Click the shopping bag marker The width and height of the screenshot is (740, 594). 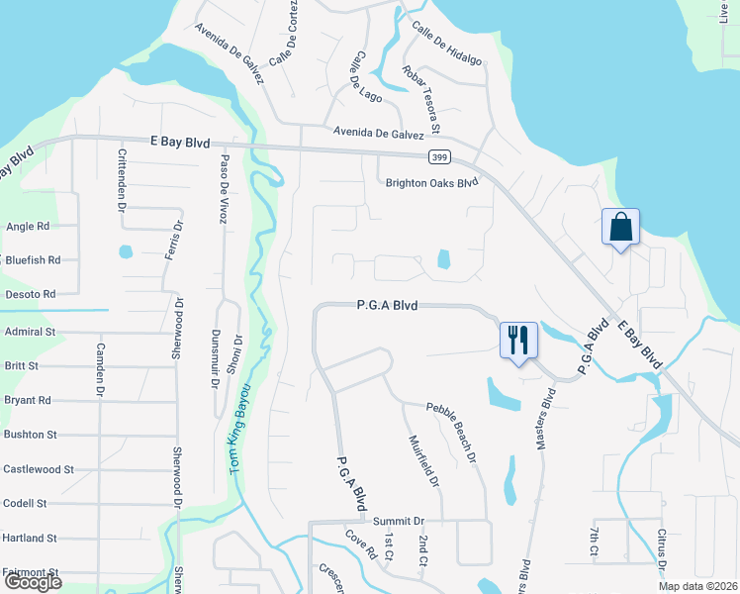click(620, 228)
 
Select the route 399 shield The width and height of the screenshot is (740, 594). click(441, 156)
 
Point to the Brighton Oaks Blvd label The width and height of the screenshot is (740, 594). click(431, 182)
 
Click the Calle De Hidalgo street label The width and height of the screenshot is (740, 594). click(446, 45)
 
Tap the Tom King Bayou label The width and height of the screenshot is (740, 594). click(238, 426)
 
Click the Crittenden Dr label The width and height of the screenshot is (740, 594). click(122, 180)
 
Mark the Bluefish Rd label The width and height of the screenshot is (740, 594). click(33, 259)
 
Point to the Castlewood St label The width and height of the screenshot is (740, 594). click(39, 468)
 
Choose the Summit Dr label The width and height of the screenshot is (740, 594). click(398, 521)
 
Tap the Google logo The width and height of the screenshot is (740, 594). click(32, 582)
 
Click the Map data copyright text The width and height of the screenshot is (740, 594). click(696, 585)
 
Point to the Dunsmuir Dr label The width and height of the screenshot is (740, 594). click(216, 360)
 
